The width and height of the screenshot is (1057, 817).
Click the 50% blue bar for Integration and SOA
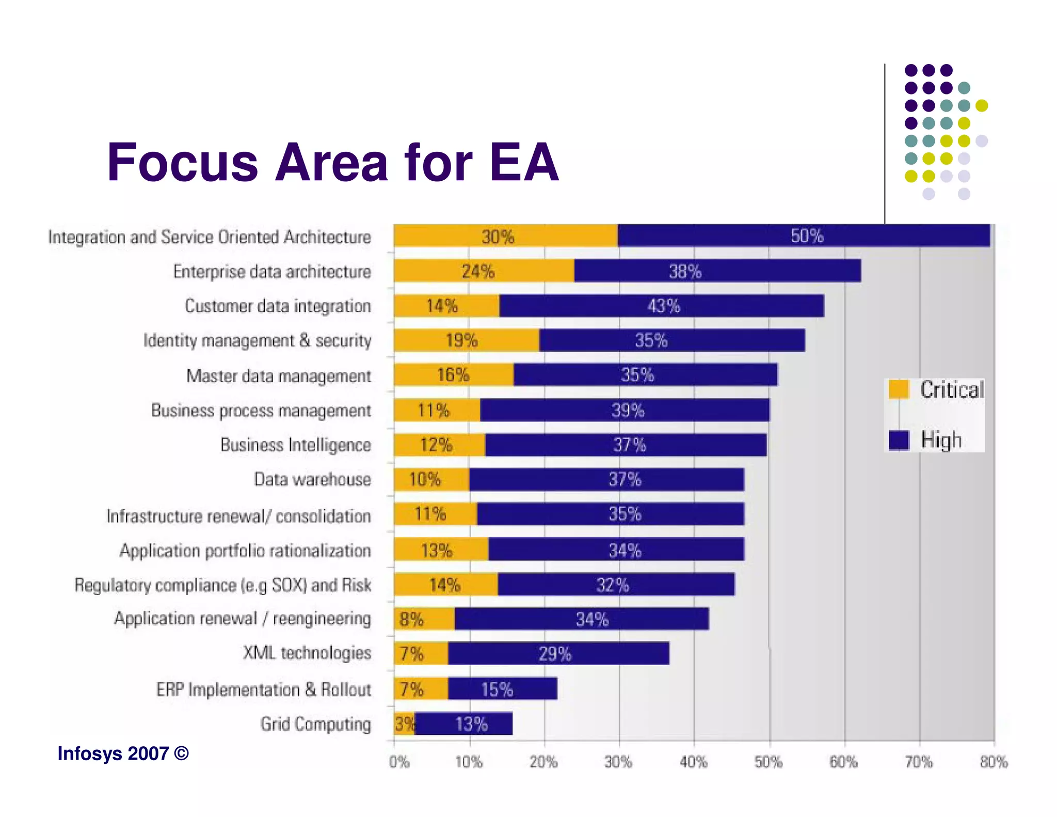click(803, 236)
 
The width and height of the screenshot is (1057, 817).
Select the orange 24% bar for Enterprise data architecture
click(483, 271)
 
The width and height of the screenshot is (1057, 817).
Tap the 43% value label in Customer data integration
click(664, 306)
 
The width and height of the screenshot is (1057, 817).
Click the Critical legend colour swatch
click(899, 389)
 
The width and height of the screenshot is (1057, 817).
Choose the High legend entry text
click(941, 441)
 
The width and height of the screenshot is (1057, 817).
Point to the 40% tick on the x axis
click(694, 762)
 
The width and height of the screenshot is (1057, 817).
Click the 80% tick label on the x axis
click(994, 762)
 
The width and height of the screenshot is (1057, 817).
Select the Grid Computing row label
click(315, 724)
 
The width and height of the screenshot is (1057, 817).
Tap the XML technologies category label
click(307, 653)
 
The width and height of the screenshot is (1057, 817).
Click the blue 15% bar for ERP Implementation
click(502, 689)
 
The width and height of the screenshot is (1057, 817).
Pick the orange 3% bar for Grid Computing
click(404, 724)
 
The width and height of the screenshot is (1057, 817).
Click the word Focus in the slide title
click(182, 163)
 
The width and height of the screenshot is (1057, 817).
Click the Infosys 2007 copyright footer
click(123, 754)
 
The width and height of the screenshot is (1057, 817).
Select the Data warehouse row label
click(312, 480)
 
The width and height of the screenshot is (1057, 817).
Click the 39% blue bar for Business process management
click(624, 411)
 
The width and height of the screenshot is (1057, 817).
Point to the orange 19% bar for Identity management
click(466, 340)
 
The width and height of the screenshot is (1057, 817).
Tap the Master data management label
click(278, 376)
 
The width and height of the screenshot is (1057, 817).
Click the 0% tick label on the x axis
click(399, 762)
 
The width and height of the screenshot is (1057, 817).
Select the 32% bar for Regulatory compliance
click(616, 585)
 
